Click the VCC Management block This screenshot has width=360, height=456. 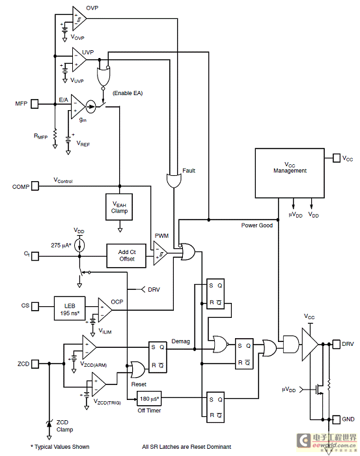(x=290, y=173)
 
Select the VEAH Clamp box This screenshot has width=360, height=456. (x=119, y=207)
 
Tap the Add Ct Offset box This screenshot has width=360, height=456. (x=126, y=255)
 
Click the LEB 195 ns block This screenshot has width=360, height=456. (x=70, y=309)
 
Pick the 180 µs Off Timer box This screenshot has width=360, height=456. (x=149, y=399)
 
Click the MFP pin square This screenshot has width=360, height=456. (x=35, y=104)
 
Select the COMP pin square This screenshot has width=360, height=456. (x=35, y=186)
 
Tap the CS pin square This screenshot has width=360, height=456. (x=35, y=306)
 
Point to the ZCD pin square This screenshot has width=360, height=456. (x=35, y=363)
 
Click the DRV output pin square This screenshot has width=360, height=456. (x=336, y=344)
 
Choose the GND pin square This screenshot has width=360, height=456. (x=336, y=420)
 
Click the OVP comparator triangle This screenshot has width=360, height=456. (x=79, y=19)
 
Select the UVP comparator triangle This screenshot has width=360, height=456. (x=79, y=60)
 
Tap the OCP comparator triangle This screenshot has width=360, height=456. (x=105, y=310)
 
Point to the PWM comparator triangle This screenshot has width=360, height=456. (x=160, y=253)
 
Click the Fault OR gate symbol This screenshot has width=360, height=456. (x=174, y=180)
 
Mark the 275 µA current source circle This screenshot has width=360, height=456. (x=79, y=246)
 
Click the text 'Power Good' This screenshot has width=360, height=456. (x=257, y=225)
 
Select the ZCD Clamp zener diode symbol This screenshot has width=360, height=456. (x=49, y=424)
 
